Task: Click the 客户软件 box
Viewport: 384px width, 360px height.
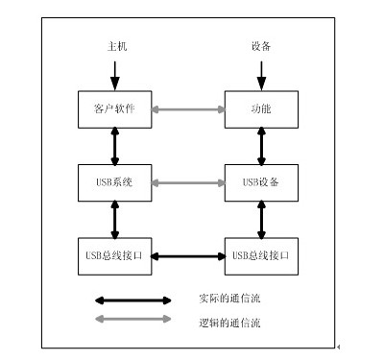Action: [x=114, y=108]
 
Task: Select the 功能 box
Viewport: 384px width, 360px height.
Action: [x=261, y=108]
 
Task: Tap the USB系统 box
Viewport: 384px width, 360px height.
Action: [x=114, y=182]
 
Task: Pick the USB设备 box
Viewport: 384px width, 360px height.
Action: [x=261, y=182]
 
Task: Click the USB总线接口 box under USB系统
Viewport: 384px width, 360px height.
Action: [x=114, y=256]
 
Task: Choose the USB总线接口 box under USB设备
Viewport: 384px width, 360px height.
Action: [x=261, y=256]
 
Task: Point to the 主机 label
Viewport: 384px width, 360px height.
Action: [x=115, y=45]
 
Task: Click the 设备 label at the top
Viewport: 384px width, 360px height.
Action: [x=261, y=45]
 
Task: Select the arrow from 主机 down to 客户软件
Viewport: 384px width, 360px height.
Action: [x=115, y=73]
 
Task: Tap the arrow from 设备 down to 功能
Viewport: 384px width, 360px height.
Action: [x=261, y=73]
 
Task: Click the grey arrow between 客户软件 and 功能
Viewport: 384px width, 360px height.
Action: [x=187, y=108]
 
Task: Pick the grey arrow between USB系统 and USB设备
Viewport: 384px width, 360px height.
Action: [x=187, y=182]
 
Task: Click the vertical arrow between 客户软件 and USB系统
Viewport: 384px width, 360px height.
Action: [x=115, y=145]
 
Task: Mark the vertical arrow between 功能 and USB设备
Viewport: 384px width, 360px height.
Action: [x=261, y=145]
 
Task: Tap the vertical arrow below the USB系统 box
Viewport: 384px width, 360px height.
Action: [x=115, y=219]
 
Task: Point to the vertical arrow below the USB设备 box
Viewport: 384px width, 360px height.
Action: [x=261, y=219]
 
